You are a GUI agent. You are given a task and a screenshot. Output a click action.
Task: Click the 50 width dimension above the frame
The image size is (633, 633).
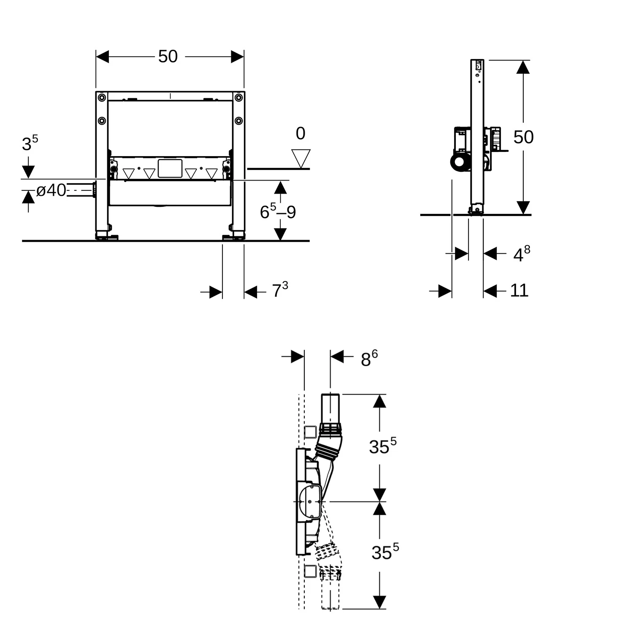168,57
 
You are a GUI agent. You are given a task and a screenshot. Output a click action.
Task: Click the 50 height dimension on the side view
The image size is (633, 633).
523,137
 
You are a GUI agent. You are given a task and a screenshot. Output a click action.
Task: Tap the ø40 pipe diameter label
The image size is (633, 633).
51,190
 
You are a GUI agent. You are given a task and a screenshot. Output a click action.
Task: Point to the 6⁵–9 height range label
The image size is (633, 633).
278,212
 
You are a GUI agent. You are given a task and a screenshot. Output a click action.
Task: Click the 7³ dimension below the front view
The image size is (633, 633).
280,290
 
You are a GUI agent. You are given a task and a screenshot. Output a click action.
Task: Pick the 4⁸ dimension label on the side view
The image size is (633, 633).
521,254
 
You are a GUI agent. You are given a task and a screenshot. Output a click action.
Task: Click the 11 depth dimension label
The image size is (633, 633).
519,290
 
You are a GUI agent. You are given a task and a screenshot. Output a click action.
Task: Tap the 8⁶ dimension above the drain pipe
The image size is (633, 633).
369,359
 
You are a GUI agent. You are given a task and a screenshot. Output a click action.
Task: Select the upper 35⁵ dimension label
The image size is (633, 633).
382,446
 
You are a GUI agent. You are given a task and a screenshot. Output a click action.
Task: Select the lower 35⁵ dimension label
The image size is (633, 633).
384,552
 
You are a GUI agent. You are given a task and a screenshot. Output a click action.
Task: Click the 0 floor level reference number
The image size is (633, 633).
300,134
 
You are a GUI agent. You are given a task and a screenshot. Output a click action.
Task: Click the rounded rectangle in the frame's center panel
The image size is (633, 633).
170,168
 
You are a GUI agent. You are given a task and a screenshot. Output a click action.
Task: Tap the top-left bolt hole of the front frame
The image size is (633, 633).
102,98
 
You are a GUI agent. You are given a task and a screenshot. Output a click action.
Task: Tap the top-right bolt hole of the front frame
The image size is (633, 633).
238,98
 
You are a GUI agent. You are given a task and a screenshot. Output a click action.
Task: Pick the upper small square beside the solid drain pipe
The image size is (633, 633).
310,432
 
